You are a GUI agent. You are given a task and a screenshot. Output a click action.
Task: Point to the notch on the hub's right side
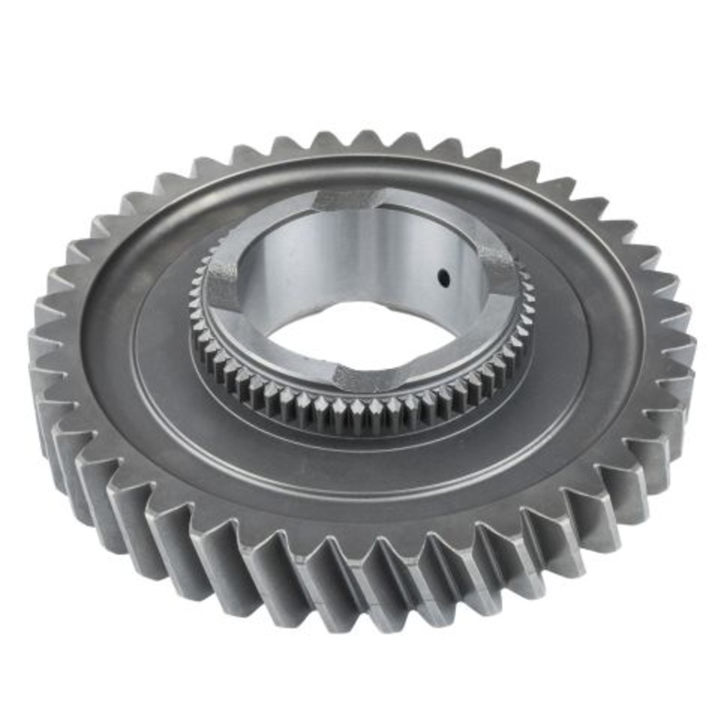(x=499, y=264)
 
